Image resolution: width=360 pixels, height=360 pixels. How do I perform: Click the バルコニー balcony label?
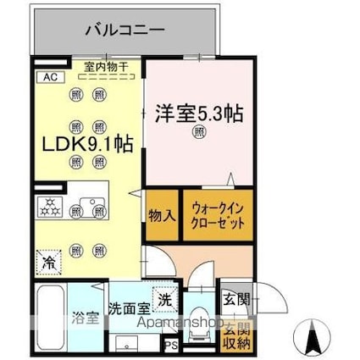coord(124,31)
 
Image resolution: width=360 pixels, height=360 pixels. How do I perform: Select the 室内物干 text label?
coord(106,64)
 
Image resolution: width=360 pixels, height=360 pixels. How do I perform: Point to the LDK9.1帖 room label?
coord(87,144)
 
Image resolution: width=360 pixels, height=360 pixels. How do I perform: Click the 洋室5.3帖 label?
coord(199,112)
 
